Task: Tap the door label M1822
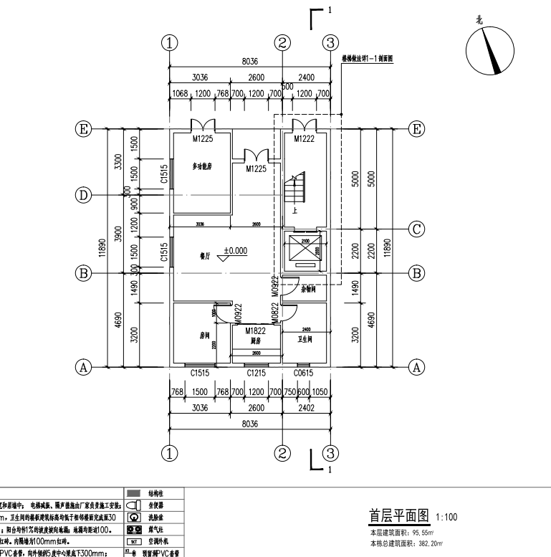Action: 255,330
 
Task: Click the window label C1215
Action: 256,373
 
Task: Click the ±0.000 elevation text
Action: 235,251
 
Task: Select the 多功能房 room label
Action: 203,166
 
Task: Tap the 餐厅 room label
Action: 204,254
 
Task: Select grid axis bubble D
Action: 85,195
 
